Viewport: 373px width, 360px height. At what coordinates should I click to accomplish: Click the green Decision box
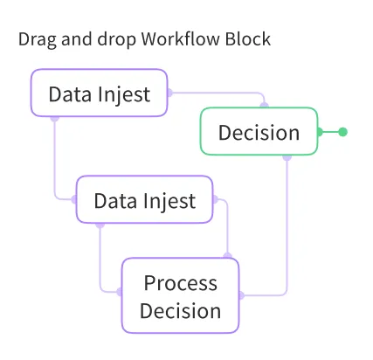[x=259, y=132]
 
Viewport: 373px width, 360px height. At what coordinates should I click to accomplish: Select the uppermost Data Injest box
[x=99, y=93]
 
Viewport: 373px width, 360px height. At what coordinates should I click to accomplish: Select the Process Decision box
[x=180, y=295]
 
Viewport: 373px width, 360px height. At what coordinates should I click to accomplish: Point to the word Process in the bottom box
[x=180, y=283]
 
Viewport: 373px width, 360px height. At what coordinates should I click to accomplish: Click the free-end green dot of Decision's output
[x=342, y=132]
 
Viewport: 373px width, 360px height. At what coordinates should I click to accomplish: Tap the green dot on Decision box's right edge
[x=319, y=132]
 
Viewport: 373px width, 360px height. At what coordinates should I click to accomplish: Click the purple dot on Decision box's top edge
[x=265, y=107]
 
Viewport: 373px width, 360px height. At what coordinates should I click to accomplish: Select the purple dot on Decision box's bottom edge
[x=287, y=157]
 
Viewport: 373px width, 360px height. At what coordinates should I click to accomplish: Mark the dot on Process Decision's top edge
[x=228, y=257]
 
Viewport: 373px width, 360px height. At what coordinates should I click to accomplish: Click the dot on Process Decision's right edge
[x=240, y=294]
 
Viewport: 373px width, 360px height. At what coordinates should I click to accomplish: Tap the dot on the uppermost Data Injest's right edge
[x=168, y=92]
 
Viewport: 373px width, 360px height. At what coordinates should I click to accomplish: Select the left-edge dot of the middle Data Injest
[x=76, y=198]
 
